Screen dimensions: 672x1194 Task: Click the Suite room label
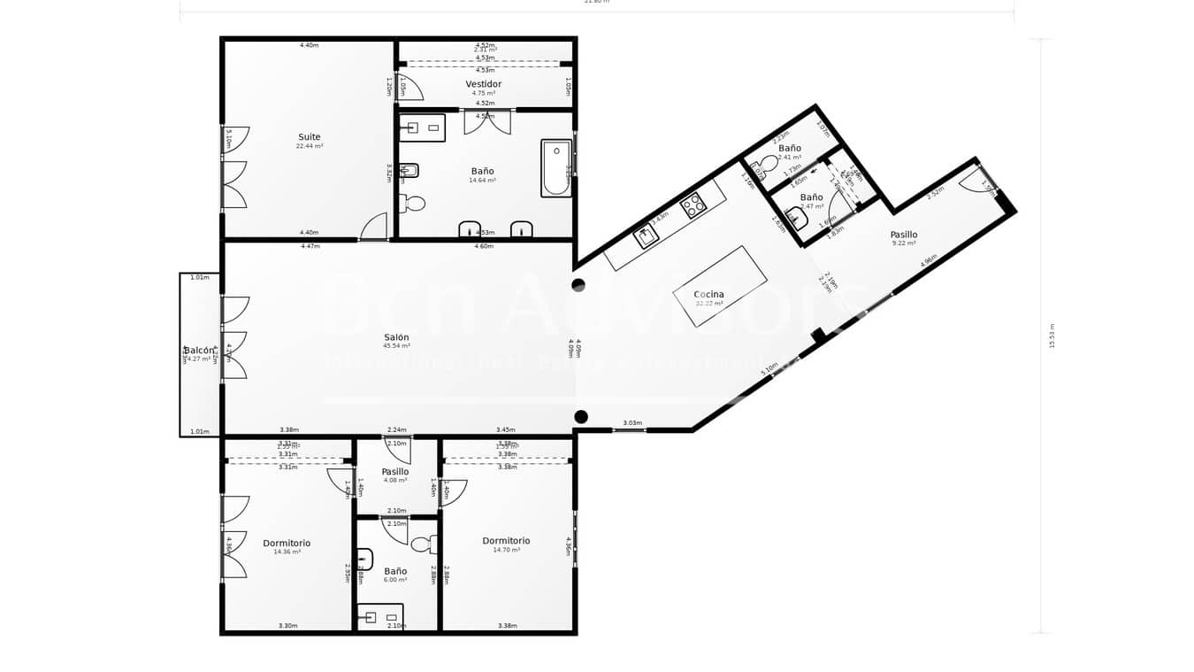[309, 137]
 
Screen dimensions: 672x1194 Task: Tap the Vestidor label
[483, 84]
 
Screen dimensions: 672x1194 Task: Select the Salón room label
[396, 337]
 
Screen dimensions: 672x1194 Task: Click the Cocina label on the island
[708, 294]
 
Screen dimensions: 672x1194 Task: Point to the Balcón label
[198, 351]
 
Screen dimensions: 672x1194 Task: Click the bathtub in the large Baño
[556, 167]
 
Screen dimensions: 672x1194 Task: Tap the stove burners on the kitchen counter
[693, 205]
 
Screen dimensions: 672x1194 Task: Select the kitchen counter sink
[645, 236]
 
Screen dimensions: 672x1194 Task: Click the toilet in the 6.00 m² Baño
[424, 544]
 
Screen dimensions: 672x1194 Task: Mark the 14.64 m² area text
[482, 181]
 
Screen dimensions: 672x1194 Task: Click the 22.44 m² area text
[309, 146]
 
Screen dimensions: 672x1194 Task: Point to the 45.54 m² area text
[396, 346]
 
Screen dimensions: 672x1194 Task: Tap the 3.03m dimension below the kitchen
[631, 423]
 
